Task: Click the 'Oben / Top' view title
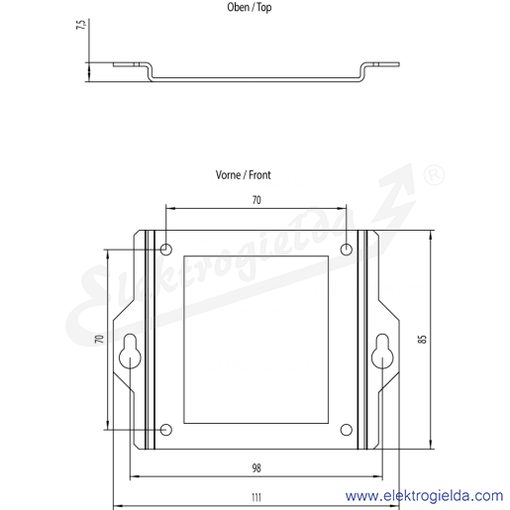click(250, 7)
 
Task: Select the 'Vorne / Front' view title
click(244, 175)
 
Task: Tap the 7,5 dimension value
click(81, 25)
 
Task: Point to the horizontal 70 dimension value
click(256, 200)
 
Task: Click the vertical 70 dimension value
click(99, 339)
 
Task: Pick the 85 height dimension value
click(422, 340)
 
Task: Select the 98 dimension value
click(256, 468)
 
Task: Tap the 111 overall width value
click(256, 497)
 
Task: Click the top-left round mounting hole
click(166, 250)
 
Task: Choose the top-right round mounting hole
click(347, 250)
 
